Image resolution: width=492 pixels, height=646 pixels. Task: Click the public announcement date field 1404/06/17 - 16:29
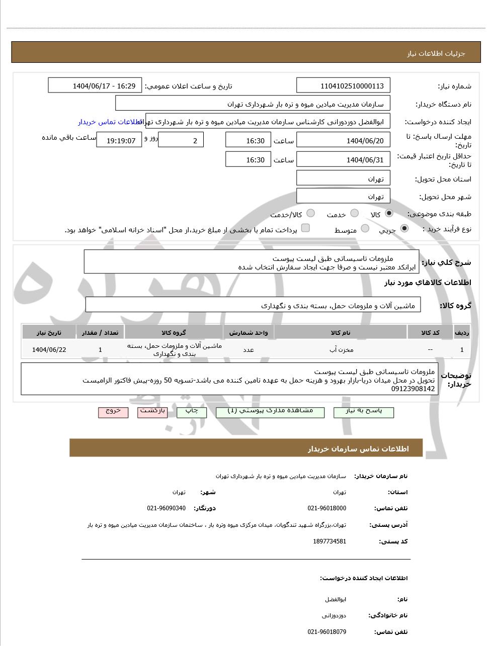click(95, 86)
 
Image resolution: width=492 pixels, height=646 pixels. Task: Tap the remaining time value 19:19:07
click(121, 141)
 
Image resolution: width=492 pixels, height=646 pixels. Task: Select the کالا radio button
click(389, 213)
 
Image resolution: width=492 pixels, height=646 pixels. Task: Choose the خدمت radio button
click(354, 213)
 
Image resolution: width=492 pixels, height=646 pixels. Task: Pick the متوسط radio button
click(365, 228)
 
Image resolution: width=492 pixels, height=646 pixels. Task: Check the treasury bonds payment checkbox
click(305, 228)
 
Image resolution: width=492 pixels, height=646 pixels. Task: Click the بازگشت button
click(152, 412)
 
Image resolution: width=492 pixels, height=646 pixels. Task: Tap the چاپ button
click(192, 412)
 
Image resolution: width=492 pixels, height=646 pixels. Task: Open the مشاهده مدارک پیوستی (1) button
click(270, 412)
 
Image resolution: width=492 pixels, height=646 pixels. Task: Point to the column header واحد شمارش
click(249, 333)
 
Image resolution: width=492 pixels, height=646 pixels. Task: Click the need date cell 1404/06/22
click(49, 349)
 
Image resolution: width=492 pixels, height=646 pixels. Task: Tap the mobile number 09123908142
click(413, 389)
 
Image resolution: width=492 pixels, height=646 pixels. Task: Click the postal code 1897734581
click(330, 541)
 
